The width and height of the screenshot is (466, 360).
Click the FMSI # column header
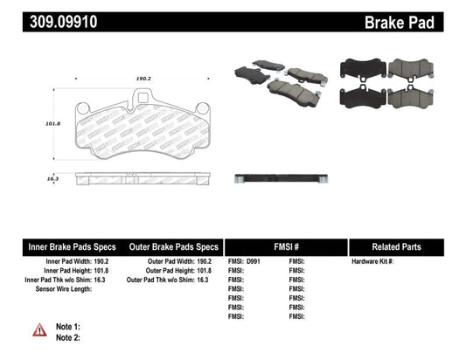point(286,246)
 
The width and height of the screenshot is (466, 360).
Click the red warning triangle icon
point(40,330)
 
